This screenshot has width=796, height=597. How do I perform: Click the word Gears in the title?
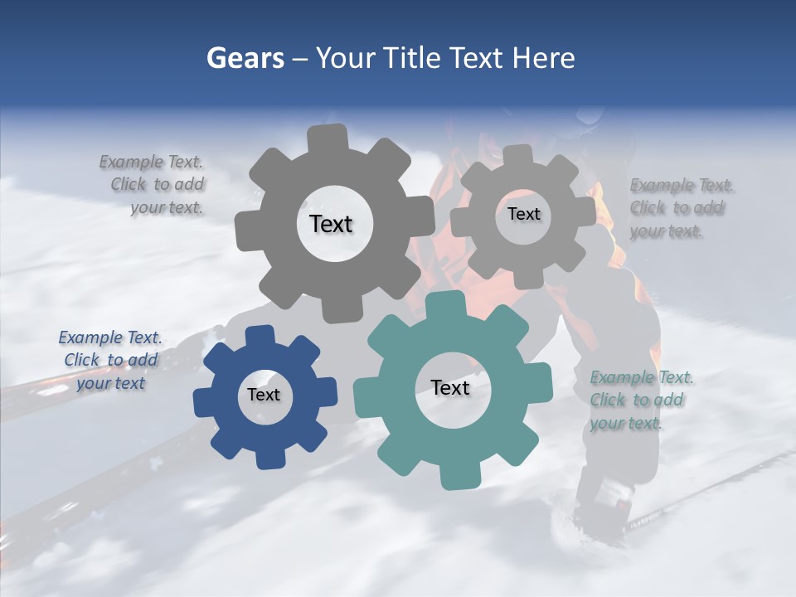[245, 58]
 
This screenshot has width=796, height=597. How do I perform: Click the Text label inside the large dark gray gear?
[331, 224]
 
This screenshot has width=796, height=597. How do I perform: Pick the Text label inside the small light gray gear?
[523, 214]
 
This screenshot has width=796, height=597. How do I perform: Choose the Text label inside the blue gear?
[264, 396]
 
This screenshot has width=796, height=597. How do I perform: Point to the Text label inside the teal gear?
[450, 388]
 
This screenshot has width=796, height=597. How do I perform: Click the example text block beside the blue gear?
[110, 360]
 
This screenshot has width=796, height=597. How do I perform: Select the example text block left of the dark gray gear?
[154, 184]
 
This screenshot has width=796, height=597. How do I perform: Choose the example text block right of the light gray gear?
[681, 207]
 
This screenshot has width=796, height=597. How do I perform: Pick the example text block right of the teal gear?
[640, 400]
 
